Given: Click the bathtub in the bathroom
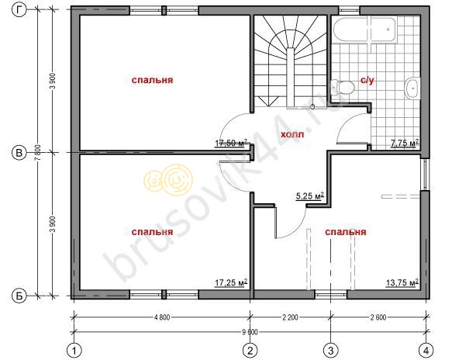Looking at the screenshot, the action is click(x=365, y=29).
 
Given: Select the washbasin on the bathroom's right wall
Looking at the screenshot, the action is click(x=412, y=88).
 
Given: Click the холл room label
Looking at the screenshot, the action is click(x=292, y=134).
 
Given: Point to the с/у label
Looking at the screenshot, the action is click(x=367, y=80).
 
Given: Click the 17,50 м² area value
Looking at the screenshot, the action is click(x=231, y=143).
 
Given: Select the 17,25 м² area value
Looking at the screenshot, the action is click(x=231, y=282).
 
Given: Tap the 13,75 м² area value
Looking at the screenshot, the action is click(x=402, y=282).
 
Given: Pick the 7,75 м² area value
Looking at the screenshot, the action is click(x=405, y=143).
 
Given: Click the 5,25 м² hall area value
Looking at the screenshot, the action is click(x=310, y=196).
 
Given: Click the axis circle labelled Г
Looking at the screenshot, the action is click(x=19, y=10).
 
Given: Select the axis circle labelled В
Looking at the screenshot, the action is click(x=19, y=152).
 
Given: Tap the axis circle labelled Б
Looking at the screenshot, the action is click(x=19, y=296).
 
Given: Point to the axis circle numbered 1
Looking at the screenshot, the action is click(x=74, y=351).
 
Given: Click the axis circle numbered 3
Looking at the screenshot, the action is click(x=330, y=351).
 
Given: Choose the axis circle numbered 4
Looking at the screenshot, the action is click(x=426, y=351).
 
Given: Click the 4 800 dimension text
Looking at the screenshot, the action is click(x=162, y=317).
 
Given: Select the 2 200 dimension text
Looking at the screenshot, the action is click(x=290, y=317).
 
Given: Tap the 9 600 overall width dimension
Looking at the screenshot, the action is click(x=250, y=332).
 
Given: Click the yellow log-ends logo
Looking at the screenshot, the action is click(x=168, y=180).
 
